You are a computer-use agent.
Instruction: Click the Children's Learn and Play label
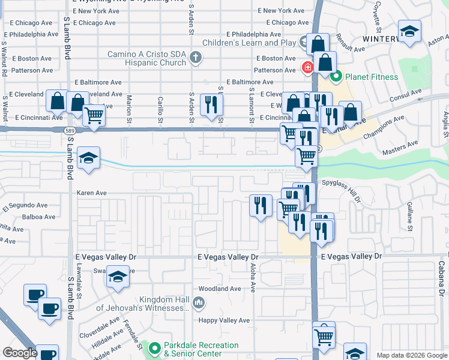click(249, 43)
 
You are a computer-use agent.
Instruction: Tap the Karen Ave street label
click(91, 193)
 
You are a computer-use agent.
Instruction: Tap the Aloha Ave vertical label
click(253, 277)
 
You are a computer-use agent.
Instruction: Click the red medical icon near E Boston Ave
click(307, 67)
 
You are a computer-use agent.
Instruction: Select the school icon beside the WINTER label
click(409, 32)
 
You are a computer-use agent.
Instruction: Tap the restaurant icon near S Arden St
click(211, 104)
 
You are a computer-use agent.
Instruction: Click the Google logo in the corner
click(20, 353)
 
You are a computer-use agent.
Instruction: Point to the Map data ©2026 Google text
click(411, 355)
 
